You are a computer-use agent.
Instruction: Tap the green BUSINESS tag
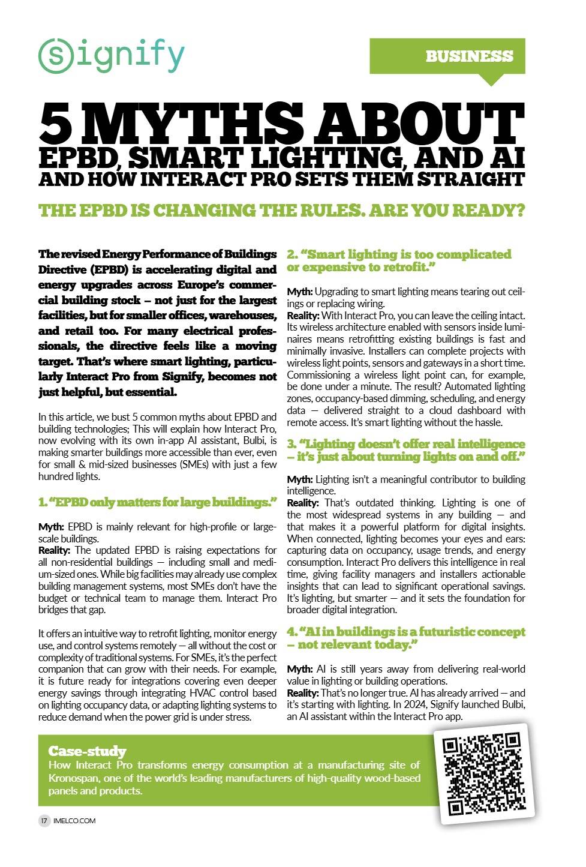pyautogui.click(x=469, y=56)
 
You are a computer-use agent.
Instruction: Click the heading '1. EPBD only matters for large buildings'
pyautogui.click(x=158, y=502)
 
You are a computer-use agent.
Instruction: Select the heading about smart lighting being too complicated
pyautogui.click(x=399, y=260)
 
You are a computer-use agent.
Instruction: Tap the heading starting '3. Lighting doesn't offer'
pyautogui.click(x=405, y=450)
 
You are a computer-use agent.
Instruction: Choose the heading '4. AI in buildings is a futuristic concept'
pyautogui.click(x=405, y=638)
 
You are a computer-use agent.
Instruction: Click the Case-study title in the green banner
pyautogui.click(x=87, y=751)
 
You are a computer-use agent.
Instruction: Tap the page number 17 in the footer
pyautogui.click(x=44, y=820)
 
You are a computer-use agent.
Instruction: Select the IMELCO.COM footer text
pyautogui.click(x=74, y=820)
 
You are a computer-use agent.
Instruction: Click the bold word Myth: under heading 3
pyautogui.click(x=299, y=479)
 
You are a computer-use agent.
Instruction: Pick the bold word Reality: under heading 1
pyautogui.click(x=55, y=550)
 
